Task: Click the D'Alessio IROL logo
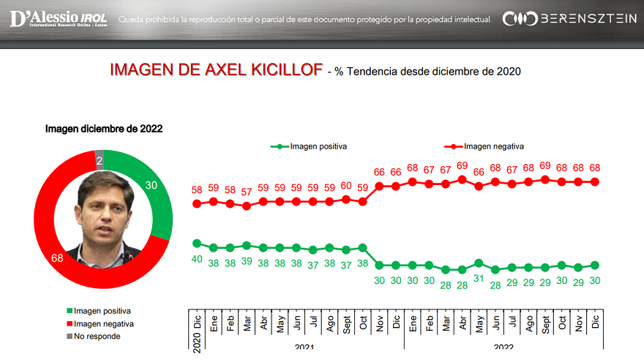tap(59, 18)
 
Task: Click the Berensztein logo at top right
tap(570, 18)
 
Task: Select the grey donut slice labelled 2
tap(100, 160)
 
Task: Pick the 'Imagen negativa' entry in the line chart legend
tap(484, 146)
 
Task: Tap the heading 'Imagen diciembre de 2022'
tap(104, 129)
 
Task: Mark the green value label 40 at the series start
tap(197, 258)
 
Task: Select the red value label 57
tap(247, 192)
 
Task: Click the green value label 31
tap(479, 279)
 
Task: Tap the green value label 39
tap(247, 260)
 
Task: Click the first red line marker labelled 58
tap(197, 203)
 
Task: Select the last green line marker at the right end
tap(596, 265)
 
